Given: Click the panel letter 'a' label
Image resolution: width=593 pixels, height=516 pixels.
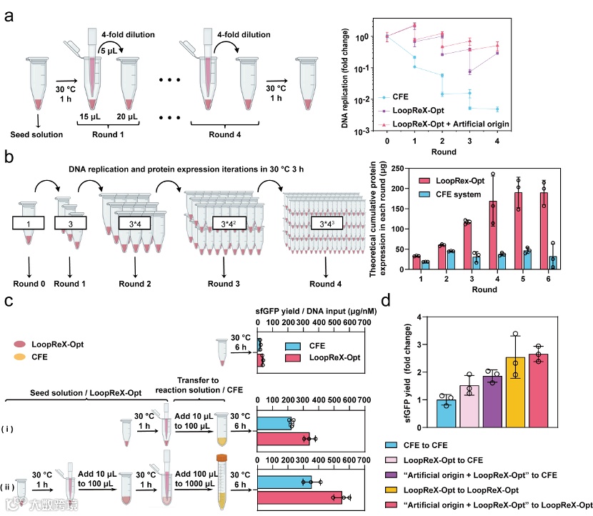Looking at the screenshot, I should pos(9,16).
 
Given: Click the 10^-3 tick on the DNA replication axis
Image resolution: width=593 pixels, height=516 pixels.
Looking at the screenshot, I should pos(369,131).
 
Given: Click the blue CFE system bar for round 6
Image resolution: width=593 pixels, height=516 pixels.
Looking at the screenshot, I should pos(554,262).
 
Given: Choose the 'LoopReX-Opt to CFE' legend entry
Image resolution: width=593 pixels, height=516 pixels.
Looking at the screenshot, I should pos(445,460).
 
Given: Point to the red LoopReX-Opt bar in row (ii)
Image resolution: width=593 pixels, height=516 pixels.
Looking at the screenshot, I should pos(299,497).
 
